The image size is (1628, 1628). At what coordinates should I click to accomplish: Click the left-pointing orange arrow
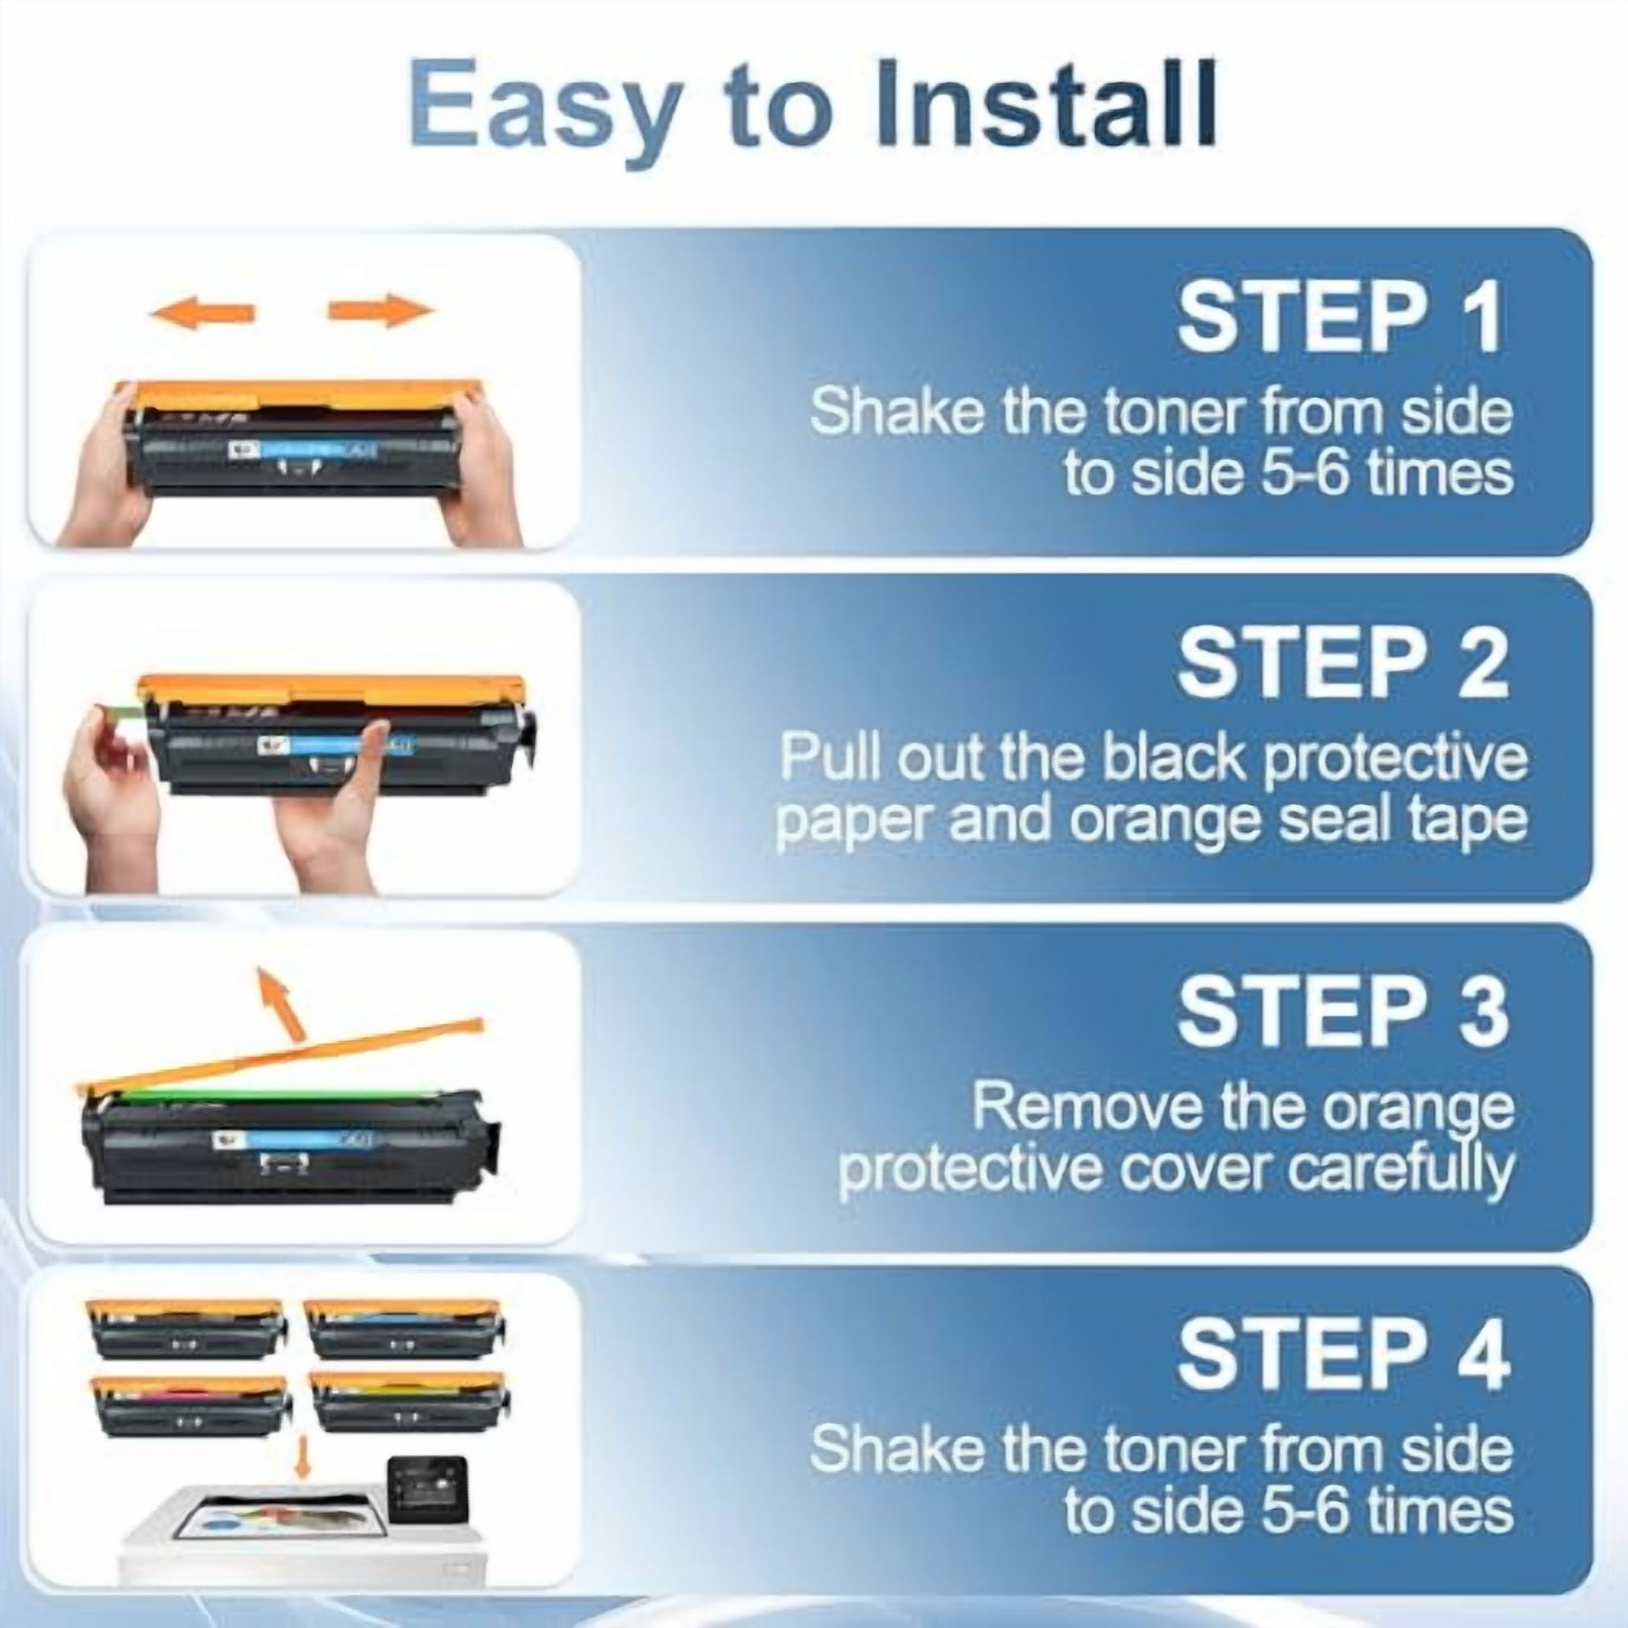pyautogui.click(x=202, y=312)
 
